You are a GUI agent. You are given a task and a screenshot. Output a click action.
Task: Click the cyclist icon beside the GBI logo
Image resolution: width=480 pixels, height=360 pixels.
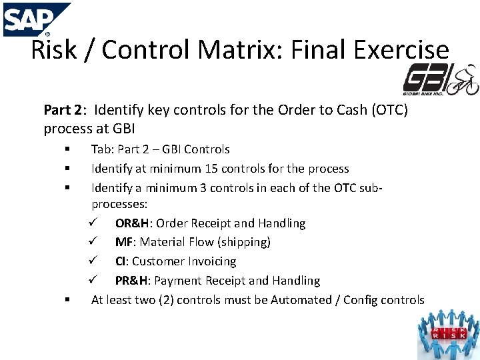point(463,81)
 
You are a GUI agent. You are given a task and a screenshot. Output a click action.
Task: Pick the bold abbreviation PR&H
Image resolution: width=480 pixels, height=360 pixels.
point(132,281)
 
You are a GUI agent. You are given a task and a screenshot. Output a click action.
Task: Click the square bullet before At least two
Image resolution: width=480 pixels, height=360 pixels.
point(68,300)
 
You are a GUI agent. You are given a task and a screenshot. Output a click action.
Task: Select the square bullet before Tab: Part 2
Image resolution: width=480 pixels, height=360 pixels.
point(68,149)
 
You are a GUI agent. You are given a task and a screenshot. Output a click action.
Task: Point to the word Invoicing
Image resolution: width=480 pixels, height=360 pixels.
point(211,261)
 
